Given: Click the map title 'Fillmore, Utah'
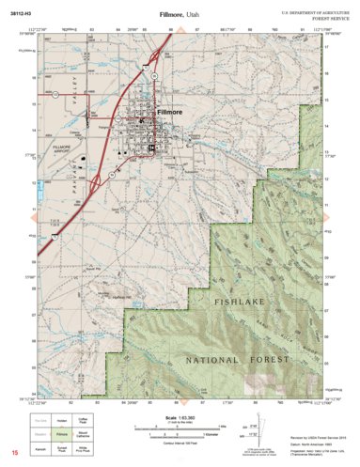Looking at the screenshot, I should (x=179, y=15).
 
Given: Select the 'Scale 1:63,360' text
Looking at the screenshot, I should (x=180, y=416).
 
